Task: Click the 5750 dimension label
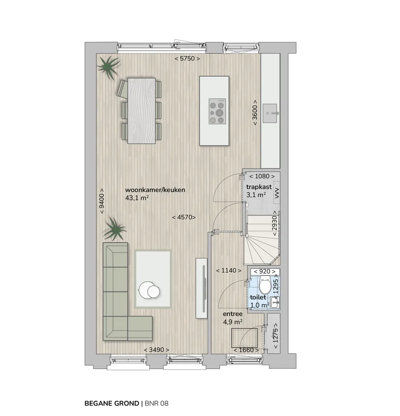(187, 59)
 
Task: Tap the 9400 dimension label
(102, 201)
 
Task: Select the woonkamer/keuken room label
(155, 190)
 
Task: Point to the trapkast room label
(259, 187)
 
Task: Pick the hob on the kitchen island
(217, 111)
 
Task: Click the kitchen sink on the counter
(270, 113)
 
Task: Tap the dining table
(141, 111)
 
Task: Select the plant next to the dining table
(108, 67)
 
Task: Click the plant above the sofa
(115, 229)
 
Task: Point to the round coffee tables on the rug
(150, 290)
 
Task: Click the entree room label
(233, 314)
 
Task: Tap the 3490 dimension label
(156, 350)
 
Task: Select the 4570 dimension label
(184, 217)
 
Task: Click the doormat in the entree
(244, 338)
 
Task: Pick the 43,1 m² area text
(137, 198)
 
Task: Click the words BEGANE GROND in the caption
(112, 404)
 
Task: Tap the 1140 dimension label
(229, 271)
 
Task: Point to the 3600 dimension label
(255, 112)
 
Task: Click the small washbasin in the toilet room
(275, 302)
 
